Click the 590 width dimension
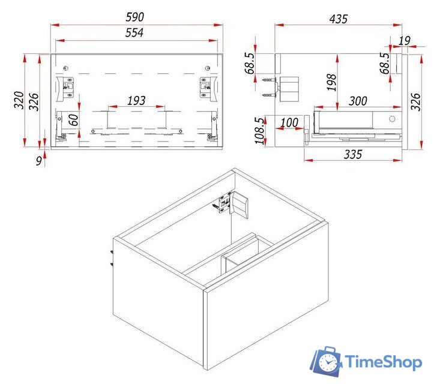pyautogui.click(x=134, y=17)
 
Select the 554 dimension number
pyautogui.click(x=134, y=33)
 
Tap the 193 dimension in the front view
pyautogui.click(x=136, y=101)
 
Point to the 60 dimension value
pyautogui.click(x=73, y=120)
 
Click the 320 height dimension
pyautogui.click(x=19, y=100)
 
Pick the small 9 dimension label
pyautogui.click(x=39, y=161)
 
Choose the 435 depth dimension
pyautogui.click(x=339, y=19)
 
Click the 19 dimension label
pyautogui.click(x=405, y=41)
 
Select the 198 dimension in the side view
pyautogui.click(x=331, y=82)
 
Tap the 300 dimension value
pyautogui.click(x=358, y=101)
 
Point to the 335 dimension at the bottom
pyautogui.click(x=353, y=154)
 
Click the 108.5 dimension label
pyautogui.click(x=259, y=131)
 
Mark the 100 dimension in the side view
pyautogui.click(x=289, y=122)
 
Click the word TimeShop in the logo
pyautogui.click(x=384, y=362)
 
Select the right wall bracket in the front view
pyautogui.click(x=208, y=88)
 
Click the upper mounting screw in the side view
pyautogui.click(x=269, y=80)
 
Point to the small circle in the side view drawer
pyautogui.click(x=392, y=119)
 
